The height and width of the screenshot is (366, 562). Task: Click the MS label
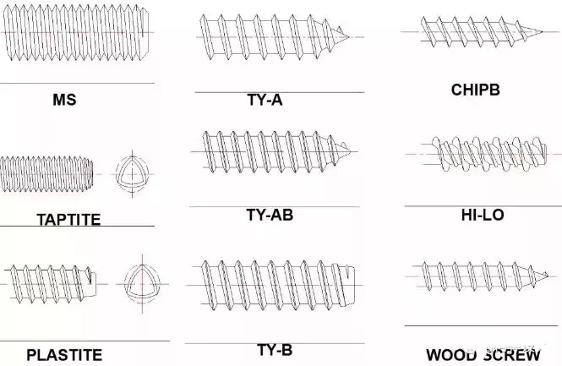(64, 100)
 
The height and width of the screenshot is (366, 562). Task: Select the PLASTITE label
(64, 355)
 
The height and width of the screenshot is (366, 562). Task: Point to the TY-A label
(265, 101)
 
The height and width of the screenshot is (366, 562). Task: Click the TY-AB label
(270, 215)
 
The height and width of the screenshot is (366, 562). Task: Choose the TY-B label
(275, 349)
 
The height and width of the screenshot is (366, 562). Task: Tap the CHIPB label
(476, 89)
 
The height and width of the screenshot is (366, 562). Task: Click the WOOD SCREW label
(483, 355)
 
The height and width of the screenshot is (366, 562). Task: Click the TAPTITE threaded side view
(51, 172)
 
